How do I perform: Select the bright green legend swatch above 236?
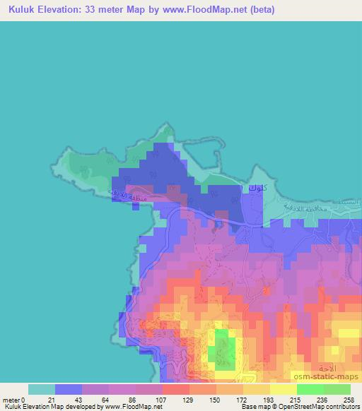tap(310, 389)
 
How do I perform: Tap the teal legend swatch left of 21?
tap(42, 389)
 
